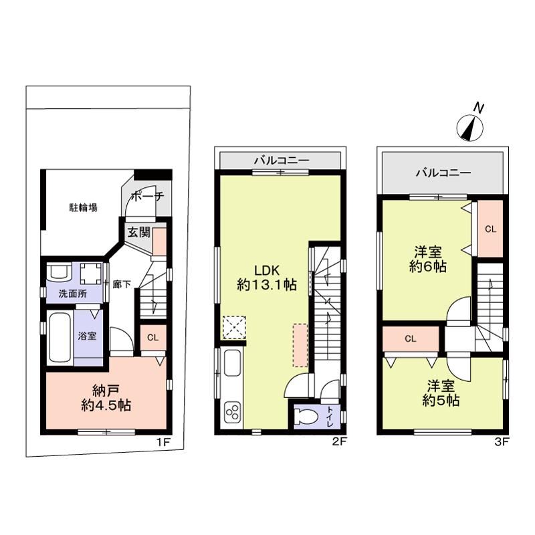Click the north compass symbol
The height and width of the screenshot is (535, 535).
(470, 128)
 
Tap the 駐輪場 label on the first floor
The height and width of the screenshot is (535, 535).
(84, 207)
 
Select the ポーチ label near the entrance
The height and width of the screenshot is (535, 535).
(147, 196)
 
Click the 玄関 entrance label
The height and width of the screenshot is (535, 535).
(138, 233)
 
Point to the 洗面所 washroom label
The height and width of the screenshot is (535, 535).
(73, 294)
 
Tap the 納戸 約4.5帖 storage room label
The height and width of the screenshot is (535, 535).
(106, 397)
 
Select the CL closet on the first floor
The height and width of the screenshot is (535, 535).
(153, 338)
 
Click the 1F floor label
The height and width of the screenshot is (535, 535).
(163, 442)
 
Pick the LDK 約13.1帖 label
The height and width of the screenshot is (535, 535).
(267, 278)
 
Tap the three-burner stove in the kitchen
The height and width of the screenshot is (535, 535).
(232, 412)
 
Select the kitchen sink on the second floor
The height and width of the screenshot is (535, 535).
(233, 363)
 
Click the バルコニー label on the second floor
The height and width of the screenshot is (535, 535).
(282, 160)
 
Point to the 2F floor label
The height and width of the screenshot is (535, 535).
(340, 442)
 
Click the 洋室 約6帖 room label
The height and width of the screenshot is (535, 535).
(428, 259)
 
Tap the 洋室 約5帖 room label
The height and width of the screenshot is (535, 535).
(441, 393)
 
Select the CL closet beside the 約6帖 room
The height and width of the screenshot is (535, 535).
(490, 229)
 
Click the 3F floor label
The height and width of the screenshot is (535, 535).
(502, 442)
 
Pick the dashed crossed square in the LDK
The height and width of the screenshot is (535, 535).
(235, 328)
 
